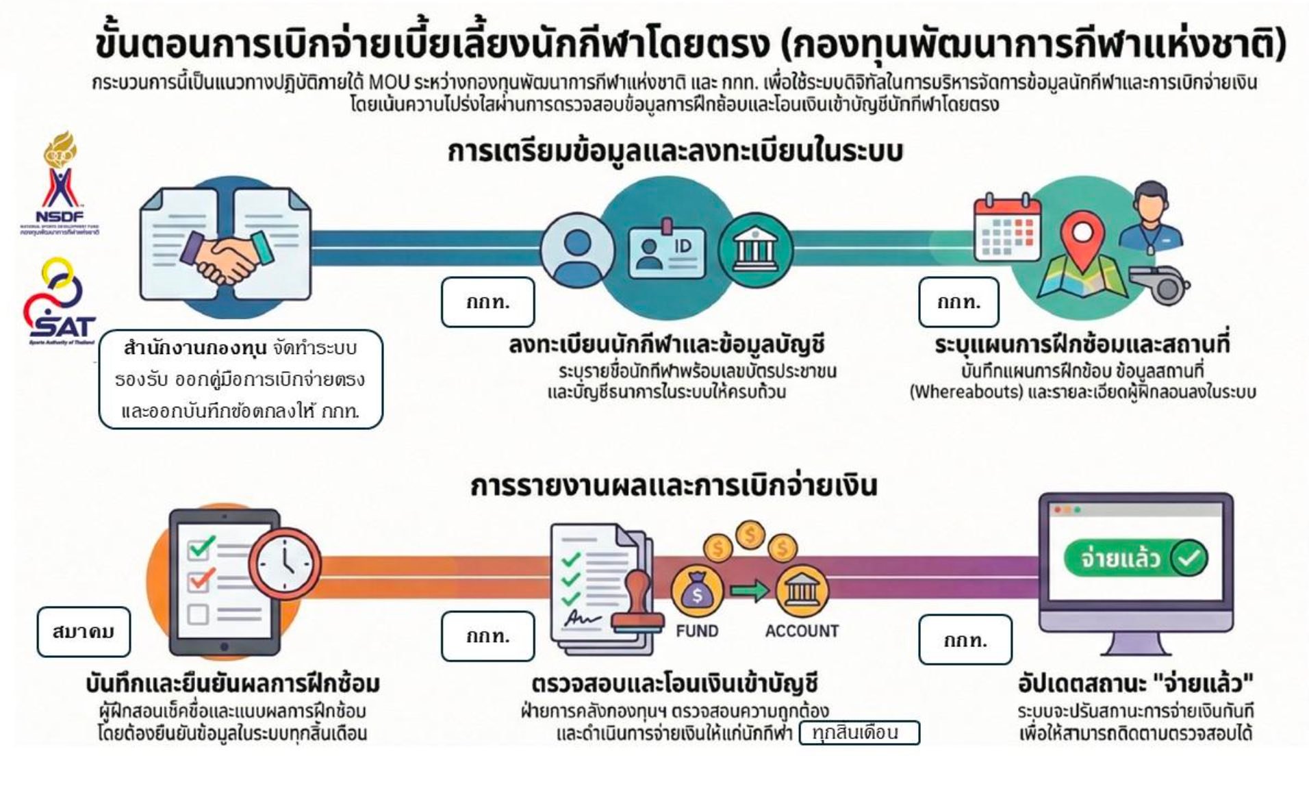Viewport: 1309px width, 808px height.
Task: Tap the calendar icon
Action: pyautogui.click(x=1006, y=226)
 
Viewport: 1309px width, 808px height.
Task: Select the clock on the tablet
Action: pyautogui.click(x=286, y=565)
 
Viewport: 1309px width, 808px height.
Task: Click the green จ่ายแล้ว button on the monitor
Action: pyautogui.click(x=1135, y=559)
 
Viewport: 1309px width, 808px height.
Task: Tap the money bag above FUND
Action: pyautogui.click(x=697, y=593)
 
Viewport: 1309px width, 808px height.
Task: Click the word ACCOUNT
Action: pyautogui.click(x=801, y=631)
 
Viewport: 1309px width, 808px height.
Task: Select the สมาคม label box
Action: pyautogui.click(x=84, y=631)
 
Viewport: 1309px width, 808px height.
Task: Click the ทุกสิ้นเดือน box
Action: pyautogui.click(x=859, y=733)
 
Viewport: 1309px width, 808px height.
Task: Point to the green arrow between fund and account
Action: pyautogui.click(x=749, y=591)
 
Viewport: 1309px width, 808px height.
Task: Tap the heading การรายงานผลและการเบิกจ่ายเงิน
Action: pyautogui.click(x=673, y=485)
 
